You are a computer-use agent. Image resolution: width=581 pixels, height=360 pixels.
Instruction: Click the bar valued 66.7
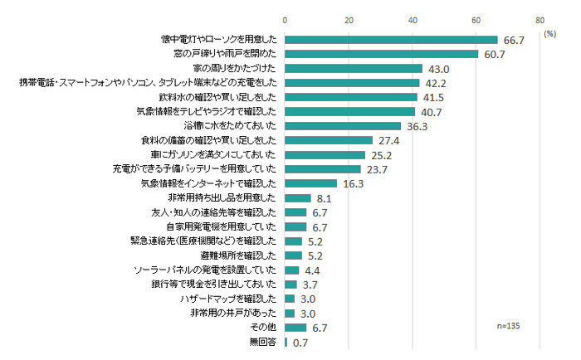pyautogui.click(x=391, y=39)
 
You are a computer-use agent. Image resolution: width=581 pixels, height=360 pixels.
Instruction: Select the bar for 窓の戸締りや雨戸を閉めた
pyautogui.click(x=382, y=54)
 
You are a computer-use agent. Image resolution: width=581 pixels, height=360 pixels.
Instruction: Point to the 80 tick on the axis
pyautogui.click(x=540, y=19)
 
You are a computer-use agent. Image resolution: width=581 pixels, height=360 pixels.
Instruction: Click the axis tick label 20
pyautogui.click(x=349, y=19)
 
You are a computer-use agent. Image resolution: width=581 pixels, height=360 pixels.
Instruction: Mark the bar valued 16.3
pyautogui.click(x=311, y=183)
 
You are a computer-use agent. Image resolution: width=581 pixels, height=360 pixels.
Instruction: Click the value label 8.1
pyautogui.click(x=325, y=199)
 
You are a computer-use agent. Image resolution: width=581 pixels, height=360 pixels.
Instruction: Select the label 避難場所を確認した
pyautogui.click(x=247, y=255)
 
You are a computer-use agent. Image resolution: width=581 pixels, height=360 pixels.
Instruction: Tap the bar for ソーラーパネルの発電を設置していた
pyautogui.click(x=292, y=270)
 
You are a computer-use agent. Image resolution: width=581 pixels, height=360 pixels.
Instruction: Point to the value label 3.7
pyautogui.click(x=311, y=285)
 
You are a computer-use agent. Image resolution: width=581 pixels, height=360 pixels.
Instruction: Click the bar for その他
pyautogui.click(x=295, y=327)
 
